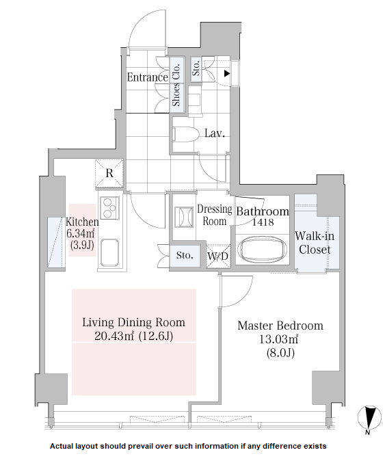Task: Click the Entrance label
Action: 148,77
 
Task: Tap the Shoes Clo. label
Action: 176,85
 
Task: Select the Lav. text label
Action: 215,133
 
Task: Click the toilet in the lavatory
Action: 185,132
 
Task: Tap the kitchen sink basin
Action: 110,254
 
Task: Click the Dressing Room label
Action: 215,215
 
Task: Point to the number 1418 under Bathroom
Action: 262,223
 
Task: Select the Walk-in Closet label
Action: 313,243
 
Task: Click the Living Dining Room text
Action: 133,322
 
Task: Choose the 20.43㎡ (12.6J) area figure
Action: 133,336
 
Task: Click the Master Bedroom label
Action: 280,326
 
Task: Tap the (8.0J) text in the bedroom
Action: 280,353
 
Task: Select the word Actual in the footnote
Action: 66,446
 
